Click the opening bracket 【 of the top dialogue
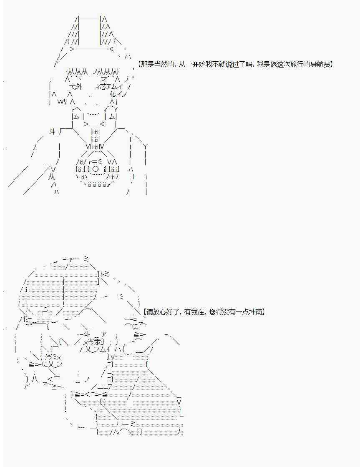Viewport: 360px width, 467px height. pyautogui.click(x=139, y=64)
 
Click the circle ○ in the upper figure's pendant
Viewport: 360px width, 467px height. pyautogui.click(x=96, y=169)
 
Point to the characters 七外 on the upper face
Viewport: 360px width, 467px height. pyautogui.click(x=76, y=87)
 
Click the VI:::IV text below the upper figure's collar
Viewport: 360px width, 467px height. pyautogui.click(x=95, y=146)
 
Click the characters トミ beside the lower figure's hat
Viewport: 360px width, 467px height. pyautogui.click(x=105, y=274)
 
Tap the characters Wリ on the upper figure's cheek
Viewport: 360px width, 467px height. pyautogui.click(x=63, y=102)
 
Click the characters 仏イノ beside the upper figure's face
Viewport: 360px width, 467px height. pyautogui.click(x=118, y=94)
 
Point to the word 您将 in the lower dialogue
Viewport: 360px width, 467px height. pyautogui.click(x=216, y=312)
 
